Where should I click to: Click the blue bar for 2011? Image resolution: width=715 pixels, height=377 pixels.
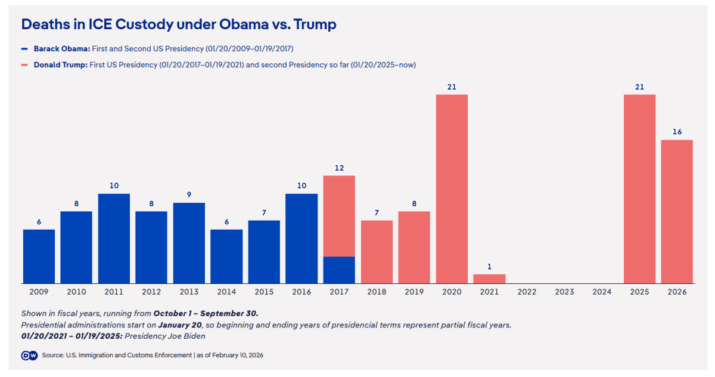[114, 239]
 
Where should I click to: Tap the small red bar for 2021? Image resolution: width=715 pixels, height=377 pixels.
[489, 279]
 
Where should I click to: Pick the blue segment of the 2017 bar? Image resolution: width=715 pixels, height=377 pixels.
[339, 270]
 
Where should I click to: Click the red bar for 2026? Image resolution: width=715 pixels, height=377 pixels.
[677, 212]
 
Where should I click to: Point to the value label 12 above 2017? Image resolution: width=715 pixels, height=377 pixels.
[339, 168]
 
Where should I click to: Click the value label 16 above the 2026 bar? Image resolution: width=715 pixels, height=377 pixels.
[677, 132]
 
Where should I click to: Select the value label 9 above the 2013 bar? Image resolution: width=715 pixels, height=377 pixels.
[189, 194]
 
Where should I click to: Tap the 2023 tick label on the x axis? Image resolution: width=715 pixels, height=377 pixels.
[564, 292]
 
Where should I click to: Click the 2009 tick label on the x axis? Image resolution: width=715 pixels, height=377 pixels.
[39, 292]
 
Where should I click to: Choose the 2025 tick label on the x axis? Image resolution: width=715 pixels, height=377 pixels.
[639, 292]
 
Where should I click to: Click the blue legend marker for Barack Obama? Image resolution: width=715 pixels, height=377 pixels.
[24, 49]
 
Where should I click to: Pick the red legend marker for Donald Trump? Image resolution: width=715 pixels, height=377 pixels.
[24, 64]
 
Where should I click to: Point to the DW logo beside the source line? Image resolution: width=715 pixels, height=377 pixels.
[29, 355]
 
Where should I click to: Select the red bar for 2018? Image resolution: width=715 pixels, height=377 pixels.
[377, 252]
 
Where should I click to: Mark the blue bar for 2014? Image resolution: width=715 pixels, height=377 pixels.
[226, 257]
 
